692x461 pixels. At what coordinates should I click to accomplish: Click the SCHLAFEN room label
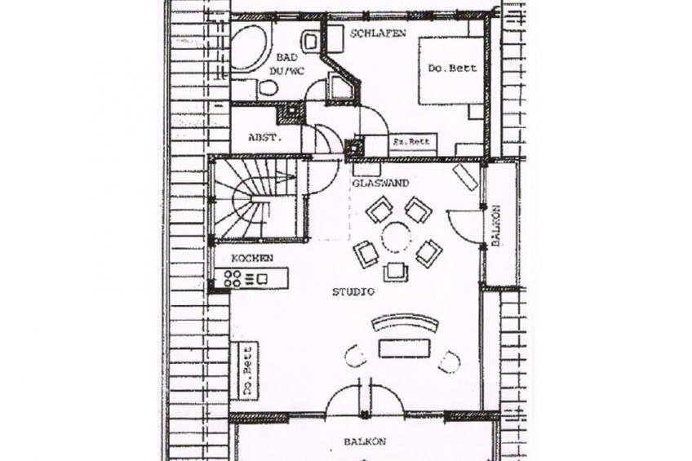pyautogui.click(x=378, y=33)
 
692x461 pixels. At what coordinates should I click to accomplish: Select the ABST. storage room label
pyautogui.click(x=264, y=138)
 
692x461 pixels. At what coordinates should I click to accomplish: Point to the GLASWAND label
pyautogui.click(x=380, y=183)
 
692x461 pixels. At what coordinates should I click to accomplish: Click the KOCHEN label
pyautogui.click(x=252, y=258)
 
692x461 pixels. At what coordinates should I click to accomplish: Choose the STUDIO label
pyautogui.click(x=353, y=291)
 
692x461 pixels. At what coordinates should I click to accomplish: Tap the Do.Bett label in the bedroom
pyautogui.click(x=452, y=69)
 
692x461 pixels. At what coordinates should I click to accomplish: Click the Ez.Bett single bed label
pyautogui.click(x=411, y=142)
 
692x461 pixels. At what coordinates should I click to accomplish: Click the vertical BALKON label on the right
pyautogui.click(x=495, y=225)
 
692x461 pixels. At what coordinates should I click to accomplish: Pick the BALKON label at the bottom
pyautogui.click(x=365, y=441)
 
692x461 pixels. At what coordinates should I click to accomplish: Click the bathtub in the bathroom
pyautogui.click(x=248, y=48)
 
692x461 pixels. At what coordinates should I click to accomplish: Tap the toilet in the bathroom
pyautogui.click(x=267, y=88)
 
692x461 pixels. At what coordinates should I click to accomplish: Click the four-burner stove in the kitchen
pyautogui.click(x=233, y=278)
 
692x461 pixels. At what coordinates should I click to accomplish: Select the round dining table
pyautogui.click(x=397, y=237)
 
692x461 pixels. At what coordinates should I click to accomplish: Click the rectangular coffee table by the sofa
pyautogui.click(x=404, y=348)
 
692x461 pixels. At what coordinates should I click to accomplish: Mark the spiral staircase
pyautogui.click(x=255, y=199)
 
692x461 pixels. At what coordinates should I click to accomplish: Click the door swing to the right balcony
pyautogui.click(x=464, y=225)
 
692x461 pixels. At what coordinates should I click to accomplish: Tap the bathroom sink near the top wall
pyautogui.click(x=310, y=41)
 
